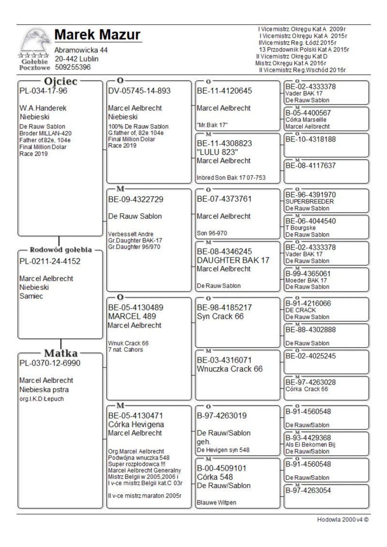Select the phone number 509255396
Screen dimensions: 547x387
click(73, 67)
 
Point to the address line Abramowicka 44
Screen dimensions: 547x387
click(81, 50)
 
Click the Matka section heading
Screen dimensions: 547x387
click(61, 353)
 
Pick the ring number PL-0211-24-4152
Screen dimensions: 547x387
click(50, 262)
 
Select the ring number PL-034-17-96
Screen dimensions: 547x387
click(43, 91)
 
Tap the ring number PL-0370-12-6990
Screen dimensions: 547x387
click(50, 363)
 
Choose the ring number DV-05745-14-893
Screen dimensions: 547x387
click(139, 91)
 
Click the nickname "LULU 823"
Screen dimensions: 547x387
click(214, 152)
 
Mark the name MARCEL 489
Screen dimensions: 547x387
click(132, 316)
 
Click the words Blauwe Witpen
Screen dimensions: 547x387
click(215, 503)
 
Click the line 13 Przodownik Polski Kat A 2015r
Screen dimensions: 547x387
click(304, 49)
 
